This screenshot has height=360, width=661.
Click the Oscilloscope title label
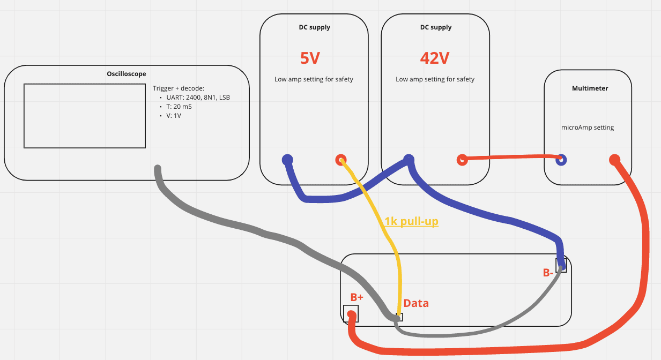point(126,74)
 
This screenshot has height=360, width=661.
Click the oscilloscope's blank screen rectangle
point(85,115)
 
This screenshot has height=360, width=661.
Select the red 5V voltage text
point(310,58)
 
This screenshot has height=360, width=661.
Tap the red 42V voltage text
point(434,58)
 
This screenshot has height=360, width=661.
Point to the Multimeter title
point(590,88)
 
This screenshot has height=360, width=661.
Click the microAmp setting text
point(588,127)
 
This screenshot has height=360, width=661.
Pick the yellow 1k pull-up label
point(411,221)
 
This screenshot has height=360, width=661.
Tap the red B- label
point(548,273)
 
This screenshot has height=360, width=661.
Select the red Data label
point(416,303)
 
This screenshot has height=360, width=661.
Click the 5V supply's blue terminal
point(287,159)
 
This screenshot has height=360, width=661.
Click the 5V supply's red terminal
point(340,159)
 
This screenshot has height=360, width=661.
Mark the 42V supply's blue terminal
point(409,159)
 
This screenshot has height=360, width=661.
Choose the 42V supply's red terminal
point(462,159)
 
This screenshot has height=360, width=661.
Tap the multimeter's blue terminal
point(561,159)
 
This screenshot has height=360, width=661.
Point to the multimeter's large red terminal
point(614,159)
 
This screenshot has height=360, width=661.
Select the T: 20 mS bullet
point(179,107)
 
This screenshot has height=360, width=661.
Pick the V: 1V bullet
point(174,116)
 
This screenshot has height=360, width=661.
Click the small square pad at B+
point(352,313)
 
